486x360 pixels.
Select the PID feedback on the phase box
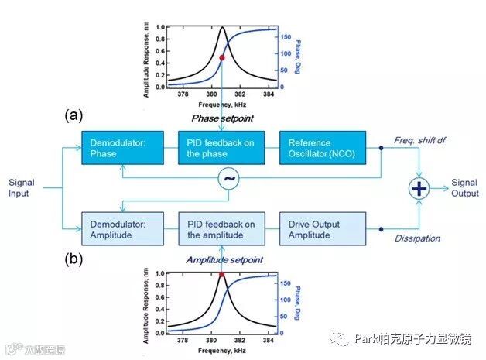click(222, 148)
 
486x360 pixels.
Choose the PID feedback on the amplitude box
click(222, 229)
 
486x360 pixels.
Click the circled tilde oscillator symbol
click(229, 179)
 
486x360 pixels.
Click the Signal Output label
click(467, 188)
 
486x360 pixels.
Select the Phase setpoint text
click(223, 118)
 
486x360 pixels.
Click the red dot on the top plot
click(222, 58)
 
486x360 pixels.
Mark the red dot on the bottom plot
click(221, 273)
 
